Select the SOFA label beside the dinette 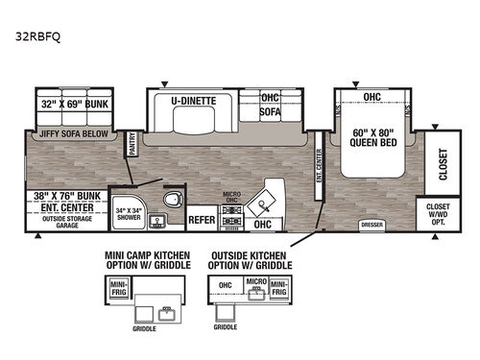(270, 111)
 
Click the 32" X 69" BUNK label (69, 105)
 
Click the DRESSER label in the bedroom (372, 225)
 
